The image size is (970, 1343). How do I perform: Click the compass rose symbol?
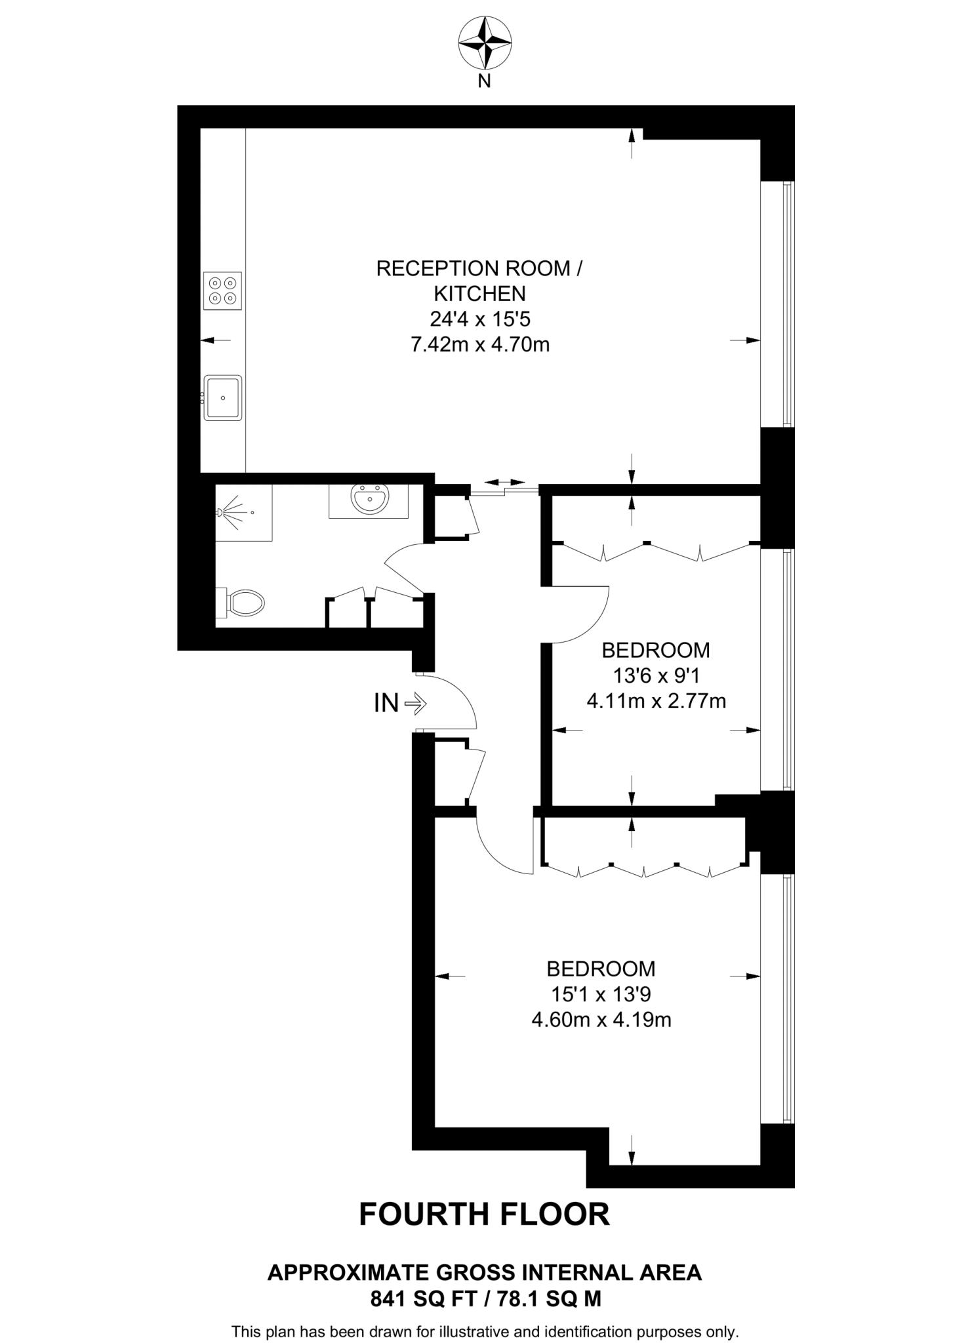click(x=485, y=43)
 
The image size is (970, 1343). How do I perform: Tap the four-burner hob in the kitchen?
click(x=222, y=291)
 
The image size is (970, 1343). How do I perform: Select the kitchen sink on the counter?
click(x=223, y=397)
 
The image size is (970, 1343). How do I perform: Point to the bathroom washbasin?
click(x=369, y=501)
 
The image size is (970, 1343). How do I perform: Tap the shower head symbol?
click(x=231, y=511)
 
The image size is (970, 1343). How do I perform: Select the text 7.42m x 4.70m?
click(x=479, y=344)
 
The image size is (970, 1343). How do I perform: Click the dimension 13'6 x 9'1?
click(x=656, y=676)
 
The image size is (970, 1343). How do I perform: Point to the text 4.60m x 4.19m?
click(x=601, y=1020)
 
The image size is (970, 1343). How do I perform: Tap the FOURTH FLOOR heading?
click(x=484, y=1214)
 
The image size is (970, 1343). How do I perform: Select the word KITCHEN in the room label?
click(x=479, y=293)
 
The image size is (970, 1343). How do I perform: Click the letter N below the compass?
click(x=484, y=81)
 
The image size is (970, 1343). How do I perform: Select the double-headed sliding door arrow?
click(x=504, y=483)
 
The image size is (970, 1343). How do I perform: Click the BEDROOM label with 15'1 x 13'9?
click(x=601, y=969)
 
